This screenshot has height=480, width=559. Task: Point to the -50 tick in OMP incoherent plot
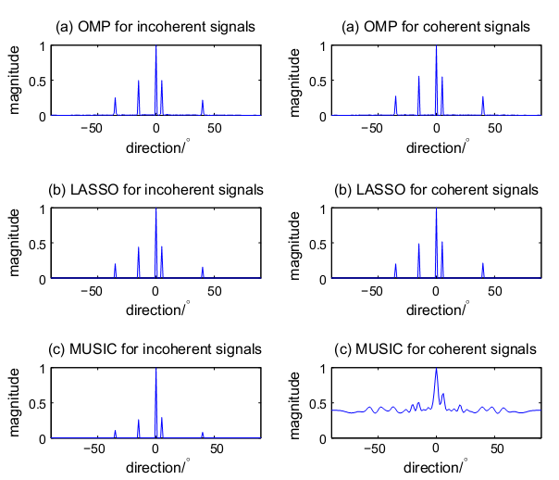91,128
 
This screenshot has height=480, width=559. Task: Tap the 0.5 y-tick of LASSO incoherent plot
35,244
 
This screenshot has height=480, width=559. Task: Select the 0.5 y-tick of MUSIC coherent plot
316,404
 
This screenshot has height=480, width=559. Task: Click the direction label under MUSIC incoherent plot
156,466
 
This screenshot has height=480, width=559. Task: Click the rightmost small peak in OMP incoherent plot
203,102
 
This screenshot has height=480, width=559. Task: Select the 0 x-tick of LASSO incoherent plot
155,290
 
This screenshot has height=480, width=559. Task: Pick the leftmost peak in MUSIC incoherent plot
115,431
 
